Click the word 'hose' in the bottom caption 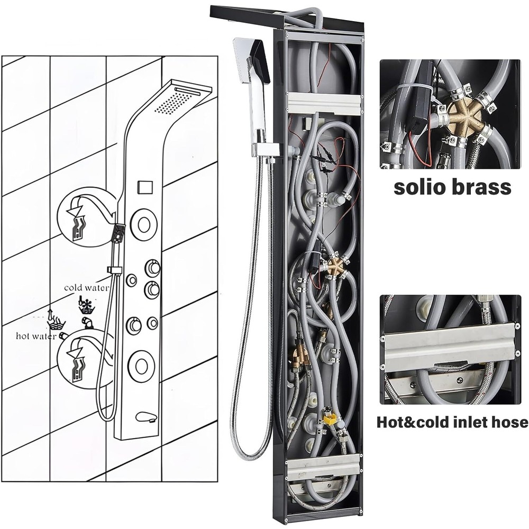click(512, 422)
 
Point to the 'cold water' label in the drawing click(87, 288)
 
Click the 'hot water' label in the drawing click(36, 336)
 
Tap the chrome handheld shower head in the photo click(252, 90)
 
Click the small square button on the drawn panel click(145, 187)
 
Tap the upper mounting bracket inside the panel click(324, 103)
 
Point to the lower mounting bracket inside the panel click(324, 467)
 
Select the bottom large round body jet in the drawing click(140, 364)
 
